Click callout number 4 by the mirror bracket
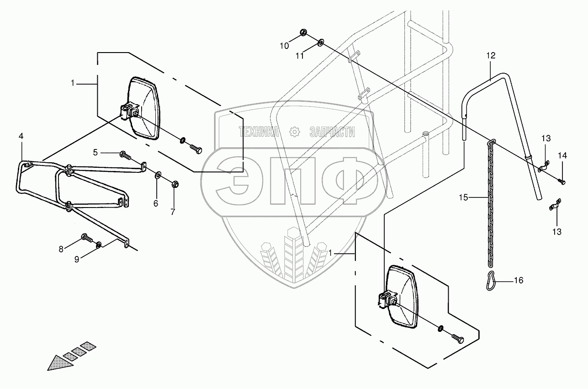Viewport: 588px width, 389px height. tap(21, 136)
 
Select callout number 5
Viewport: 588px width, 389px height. tap(95, 153)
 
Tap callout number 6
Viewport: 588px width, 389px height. tap(156, 203)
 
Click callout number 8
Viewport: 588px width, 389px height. tap(61, 249)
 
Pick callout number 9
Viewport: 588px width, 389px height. tap(77, 259)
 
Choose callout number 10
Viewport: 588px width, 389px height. tap(284, 45)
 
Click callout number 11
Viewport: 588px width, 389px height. tap(299, 56)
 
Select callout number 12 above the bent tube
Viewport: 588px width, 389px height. tap(491, 55)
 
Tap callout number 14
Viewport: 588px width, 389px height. tap(562, 156)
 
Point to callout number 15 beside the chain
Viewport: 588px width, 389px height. tap(464, 197)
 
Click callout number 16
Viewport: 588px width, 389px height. tap(519, 280)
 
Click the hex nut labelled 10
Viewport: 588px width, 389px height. tap(302, 32)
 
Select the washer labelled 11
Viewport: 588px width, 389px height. tap(320, 43)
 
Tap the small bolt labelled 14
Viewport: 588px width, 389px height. tap(562, 182)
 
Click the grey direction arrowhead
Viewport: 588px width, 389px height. tap(56, 362)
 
